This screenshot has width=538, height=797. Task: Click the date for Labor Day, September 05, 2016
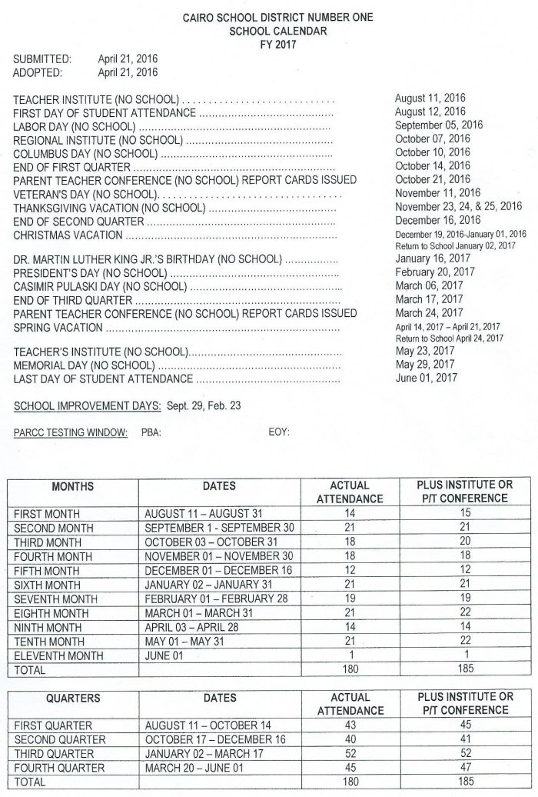(x=438, y=125)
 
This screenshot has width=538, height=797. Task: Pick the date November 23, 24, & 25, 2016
(x=458, y=206)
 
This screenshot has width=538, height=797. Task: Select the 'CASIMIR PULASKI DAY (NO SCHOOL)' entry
(x=100, y=286)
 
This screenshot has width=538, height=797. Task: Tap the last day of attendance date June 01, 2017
(x=426, y=378)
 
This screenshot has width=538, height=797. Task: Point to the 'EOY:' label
(x=278, y=433)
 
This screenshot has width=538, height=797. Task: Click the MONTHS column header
(x=72, y=486)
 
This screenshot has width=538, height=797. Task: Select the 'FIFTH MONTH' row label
(x=48, y=570)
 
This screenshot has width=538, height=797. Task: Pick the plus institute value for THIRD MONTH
(x=463, y=542)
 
